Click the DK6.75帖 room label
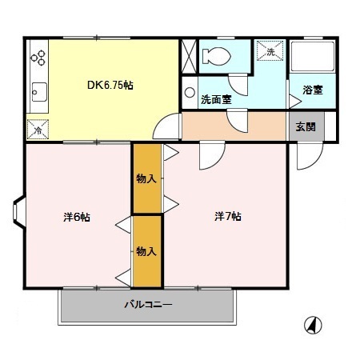coord(110,85)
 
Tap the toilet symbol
coord(216,56)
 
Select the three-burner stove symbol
coord(38,58)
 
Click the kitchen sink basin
coord(39,92)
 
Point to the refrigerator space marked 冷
coord(38,130)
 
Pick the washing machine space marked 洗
coord(270,51)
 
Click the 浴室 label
coord(313,90)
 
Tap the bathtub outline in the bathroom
coord(313,56)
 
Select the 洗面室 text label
coord(216,99)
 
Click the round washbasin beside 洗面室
coord(190,92)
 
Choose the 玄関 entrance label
coord(306,126)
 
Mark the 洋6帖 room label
coord(77,217)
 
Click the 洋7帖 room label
coord(228,216)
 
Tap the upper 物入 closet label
coord(146,178)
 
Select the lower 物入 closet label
coord(146,251)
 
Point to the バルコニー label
coord(148,304)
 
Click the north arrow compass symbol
coord(313,325)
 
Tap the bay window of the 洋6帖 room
coord(18,212)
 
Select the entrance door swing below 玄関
coord(310,156)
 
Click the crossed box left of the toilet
coord(189,56)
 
